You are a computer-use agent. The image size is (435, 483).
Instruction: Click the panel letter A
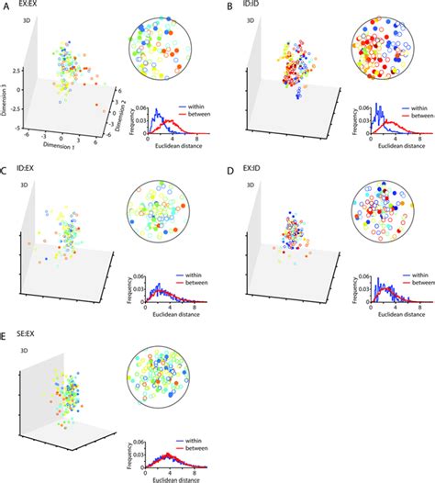point(6,6)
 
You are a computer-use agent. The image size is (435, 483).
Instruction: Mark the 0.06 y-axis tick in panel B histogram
point(354,107)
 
